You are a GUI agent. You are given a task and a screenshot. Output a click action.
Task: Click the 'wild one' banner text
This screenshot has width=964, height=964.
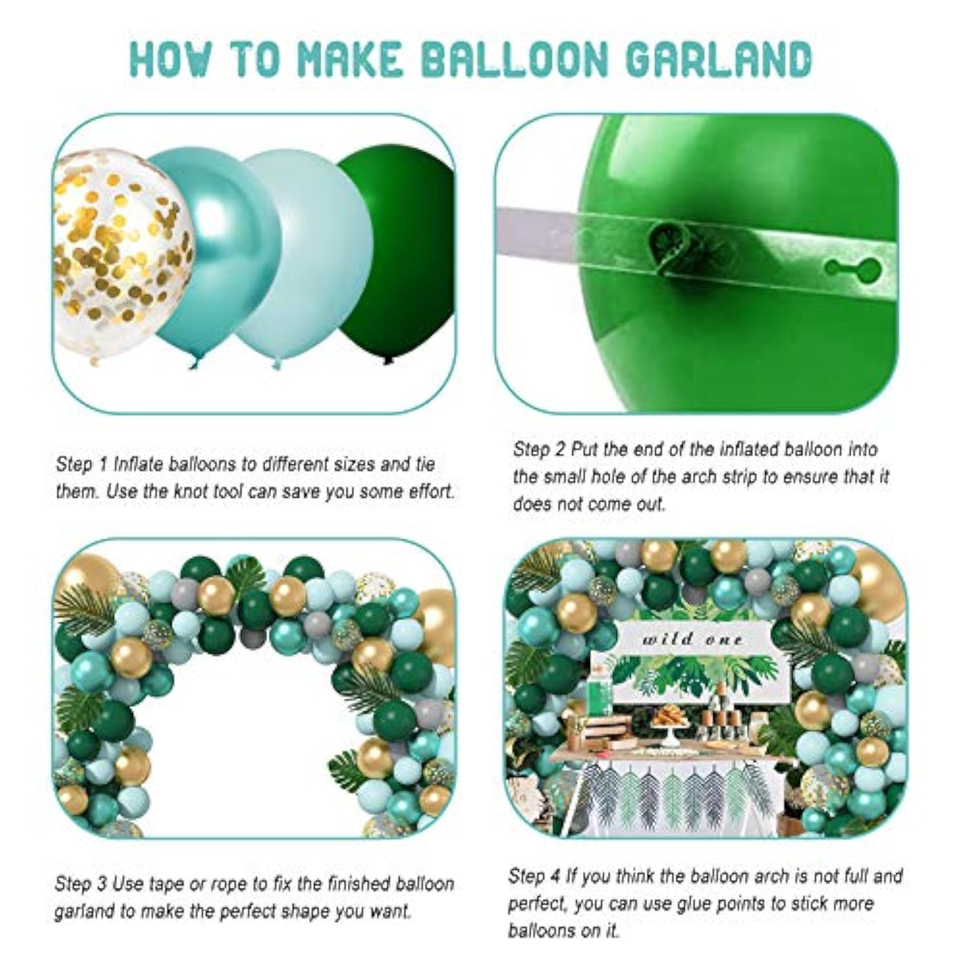click(692, 639)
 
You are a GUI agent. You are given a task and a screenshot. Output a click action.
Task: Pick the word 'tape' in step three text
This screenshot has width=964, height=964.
click(166, 884)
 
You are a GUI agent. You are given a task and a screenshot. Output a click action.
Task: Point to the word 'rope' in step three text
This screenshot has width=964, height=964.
click(220, 884)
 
